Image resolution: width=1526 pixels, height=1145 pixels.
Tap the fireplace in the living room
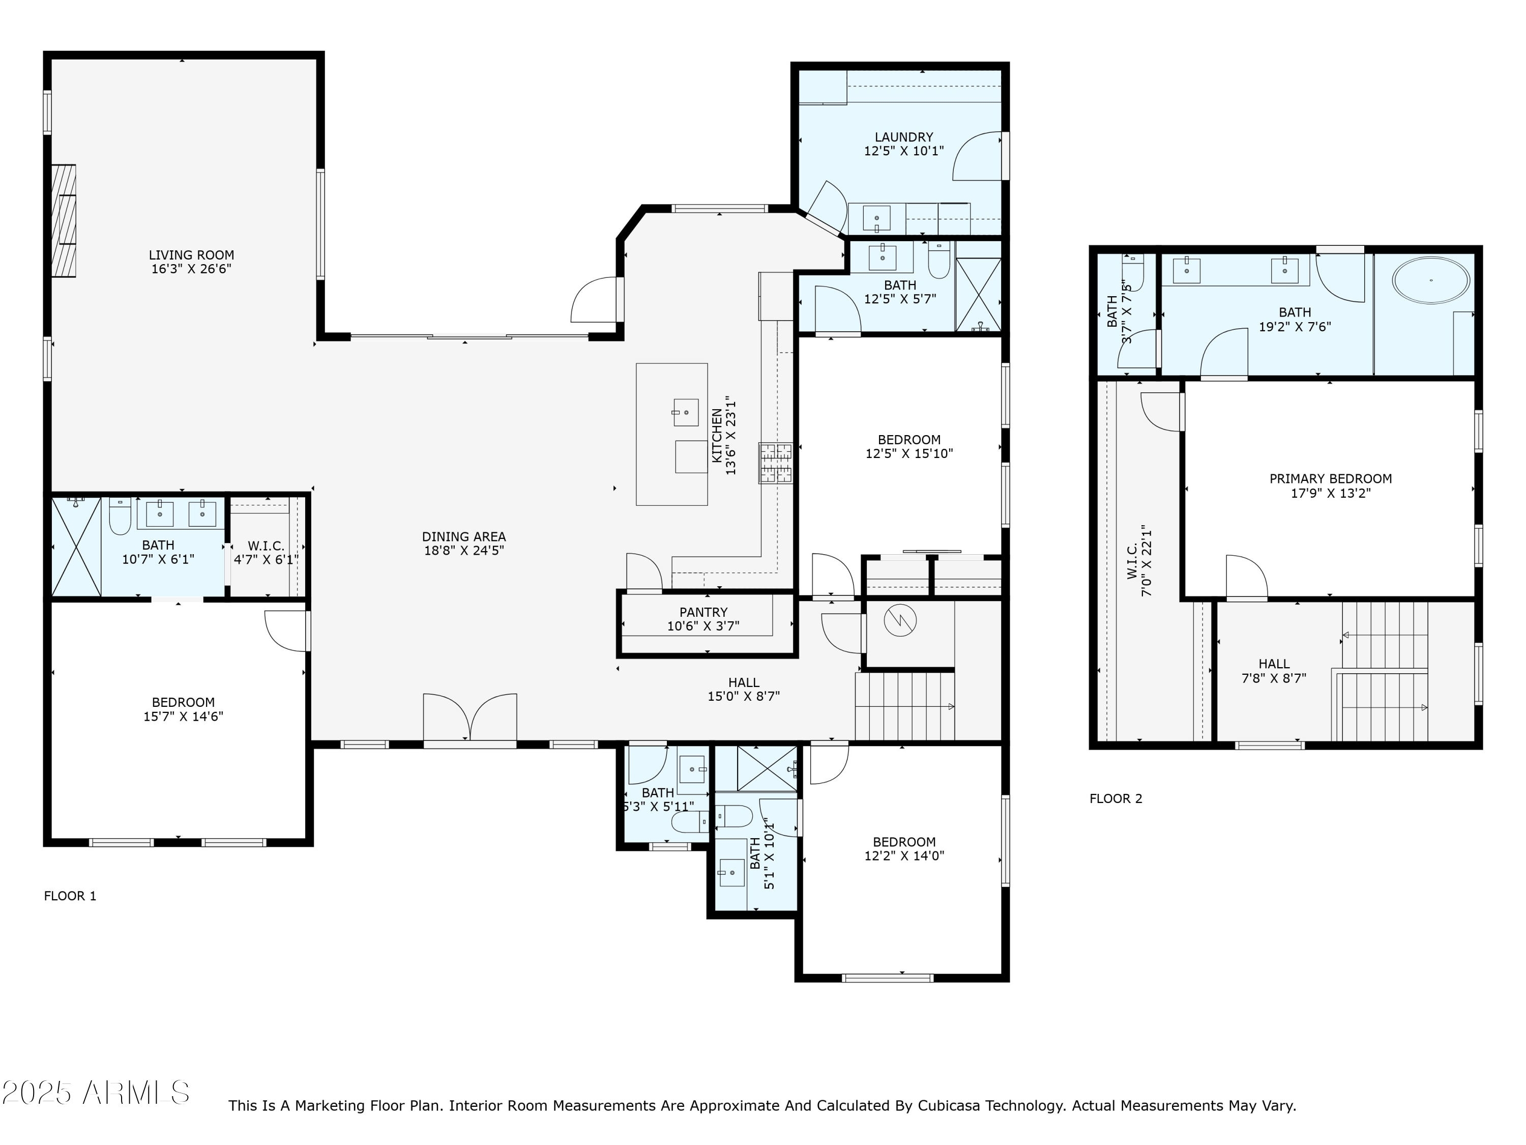click(64, 220)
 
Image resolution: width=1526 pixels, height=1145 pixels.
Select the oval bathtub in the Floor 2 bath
click(1431, 280)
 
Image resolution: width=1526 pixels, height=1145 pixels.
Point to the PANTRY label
click(703, 612)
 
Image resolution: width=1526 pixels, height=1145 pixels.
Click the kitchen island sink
click(686, 412)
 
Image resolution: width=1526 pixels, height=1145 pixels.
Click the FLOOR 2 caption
click(1116, 798)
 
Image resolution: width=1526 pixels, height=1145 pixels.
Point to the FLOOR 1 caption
click(70, 896)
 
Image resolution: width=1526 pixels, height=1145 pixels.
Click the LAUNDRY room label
click(904, 137)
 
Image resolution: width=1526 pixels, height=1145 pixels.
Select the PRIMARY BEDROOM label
click(1330, 479)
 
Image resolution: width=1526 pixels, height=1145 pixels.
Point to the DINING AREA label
click(463, 536)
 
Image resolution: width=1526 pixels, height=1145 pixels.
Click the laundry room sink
click(876, 218)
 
